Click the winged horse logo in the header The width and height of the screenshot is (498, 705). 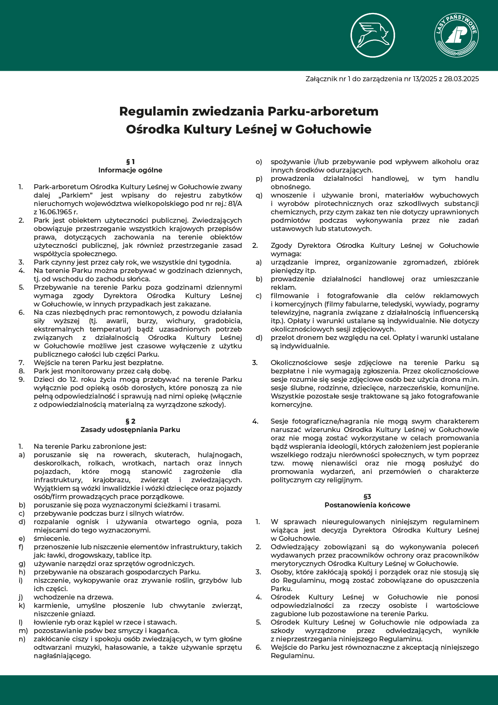[x=372, y=35]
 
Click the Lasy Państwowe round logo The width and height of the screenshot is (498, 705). [x=457, y=35]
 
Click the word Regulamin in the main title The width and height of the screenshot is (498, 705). [x=153, y=111]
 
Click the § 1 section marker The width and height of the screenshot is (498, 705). [x=130, y=162]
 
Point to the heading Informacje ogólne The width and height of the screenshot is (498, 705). [x=130, y=170]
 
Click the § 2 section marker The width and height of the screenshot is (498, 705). [x=130, y=421]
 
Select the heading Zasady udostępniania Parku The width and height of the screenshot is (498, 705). [x=130, y=430]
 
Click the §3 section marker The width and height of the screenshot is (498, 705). [x=367, y=497]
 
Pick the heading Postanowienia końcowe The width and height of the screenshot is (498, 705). [x=367, y=505]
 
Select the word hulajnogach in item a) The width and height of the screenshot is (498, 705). [x=220, y=455]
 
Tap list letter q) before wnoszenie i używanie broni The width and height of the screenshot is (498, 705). [x=259, y=195]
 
